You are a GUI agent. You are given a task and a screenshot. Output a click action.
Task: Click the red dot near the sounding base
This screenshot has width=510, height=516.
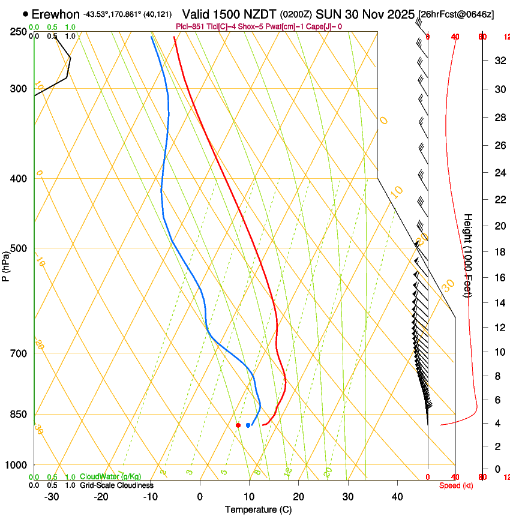click(238, 425)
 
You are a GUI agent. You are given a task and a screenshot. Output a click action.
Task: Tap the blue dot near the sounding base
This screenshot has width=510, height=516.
click(248, 425)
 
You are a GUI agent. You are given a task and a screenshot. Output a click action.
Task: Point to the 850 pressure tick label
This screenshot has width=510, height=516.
click(17, 415)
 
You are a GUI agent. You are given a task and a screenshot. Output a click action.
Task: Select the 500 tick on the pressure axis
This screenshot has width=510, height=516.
click(17, 248)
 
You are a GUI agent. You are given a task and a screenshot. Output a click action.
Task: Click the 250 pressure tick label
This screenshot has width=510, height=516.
click(17, 32)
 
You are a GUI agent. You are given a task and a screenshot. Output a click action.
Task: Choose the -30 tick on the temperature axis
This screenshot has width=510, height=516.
click(51, 497)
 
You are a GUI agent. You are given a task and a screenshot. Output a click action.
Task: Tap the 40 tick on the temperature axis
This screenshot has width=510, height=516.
click(397, 497)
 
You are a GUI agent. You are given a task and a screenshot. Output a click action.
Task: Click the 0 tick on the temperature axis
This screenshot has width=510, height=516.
click(200, 497)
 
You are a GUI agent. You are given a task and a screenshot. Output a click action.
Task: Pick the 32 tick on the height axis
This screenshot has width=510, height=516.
click(499, 61)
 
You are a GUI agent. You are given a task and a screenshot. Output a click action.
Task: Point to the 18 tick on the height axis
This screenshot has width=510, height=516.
click(499, 252)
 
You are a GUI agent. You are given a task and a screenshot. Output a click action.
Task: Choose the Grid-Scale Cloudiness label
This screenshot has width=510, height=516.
click(116, 485)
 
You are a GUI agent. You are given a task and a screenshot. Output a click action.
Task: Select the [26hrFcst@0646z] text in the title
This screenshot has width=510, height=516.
click(456, 14)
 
